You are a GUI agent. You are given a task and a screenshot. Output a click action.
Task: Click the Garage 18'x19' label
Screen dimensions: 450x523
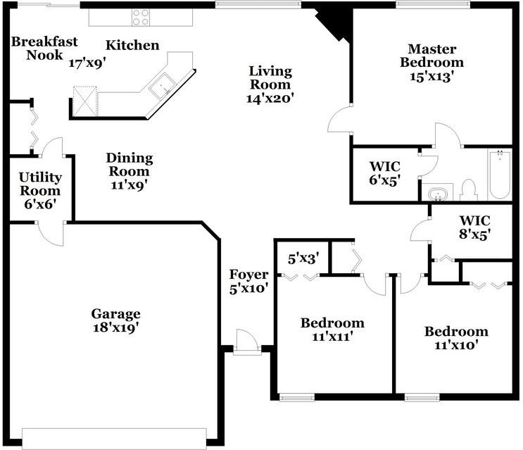pyautogui.click(x=115, y=320)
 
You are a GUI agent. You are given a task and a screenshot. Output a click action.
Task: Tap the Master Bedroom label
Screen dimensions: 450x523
pyautogui.click(x=432, y=63)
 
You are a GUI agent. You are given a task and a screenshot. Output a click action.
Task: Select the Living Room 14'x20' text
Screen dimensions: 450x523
pyautogui.click(x=270, y=85)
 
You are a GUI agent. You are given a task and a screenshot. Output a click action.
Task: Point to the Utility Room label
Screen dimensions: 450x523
pyautogui.click(x=40, y=190)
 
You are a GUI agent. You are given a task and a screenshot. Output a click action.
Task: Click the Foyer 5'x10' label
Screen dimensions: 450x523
pyautogui.click(x=248, y=281)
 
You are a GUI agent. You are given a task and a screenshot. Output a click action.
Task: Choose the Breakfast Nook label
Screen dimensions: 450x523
pyautogui.click(x=44, y=48)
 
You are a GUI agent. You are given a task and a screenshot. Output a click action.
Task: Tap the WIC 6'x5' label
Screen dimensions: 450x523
pyautogui.click(x=384, y=173)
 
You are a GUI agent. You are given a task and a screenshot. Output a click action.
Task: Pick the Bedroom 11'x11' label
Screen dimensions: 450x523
pyautogui.click(x=332, y=330)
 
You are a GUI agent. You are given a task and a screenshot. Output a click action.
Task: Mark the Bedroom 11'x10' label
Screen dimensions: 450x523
pyautogui.click(x=455, y=338)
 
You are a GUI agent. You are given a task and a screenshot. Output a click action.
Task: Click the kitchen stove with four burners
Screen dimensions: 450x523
pyautogui.click(x=141, y=16)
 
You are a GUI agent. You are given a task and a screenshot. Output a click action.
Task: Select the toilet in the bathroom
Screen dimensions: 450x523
pyautogui.click(x=469, y=189)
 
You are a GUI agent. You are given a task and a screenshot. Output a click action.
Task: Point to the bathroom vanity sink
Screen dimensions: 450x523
pyautogui.click(x=439, y=192)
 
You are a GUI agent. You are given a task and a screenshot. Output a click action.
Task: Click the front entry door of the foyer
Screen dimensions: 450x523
pyautogui.click(x=247, y=344)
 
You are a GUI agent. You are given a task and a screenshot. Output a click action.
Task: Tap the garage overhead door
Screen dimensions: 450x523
pyautogui.click(x=114, y=435)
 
